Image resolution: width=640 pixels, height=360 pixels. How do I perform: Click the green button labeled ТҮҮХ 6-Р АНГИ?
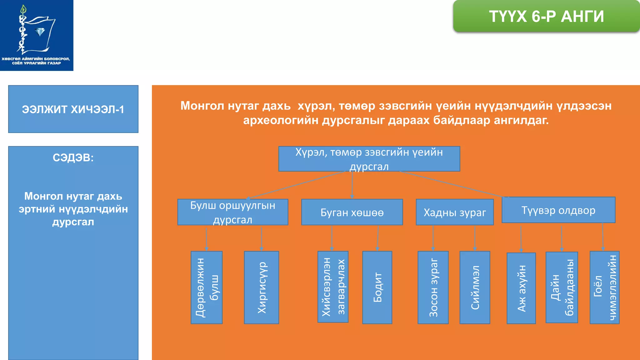click(546, 16)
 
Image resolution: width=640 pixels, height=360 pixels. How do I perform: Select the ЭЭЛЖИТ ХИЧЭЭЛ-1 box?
click(73, 109)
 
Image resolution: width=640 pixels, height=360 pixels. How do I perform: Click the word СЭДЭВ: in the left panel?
click(73, 157)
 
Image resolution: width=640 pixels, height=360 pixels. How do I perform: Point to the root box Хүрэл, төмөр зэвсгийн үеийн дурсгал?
click(369, 159)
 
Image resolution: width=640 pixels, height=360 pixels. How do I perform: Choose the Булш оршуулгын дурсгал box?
click(232, 212)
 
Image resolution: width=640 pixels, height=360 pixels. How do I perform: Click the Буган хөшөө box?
click(352, 212)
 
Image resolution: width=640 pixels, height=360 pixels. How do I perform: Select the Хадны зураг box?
click(455, 212)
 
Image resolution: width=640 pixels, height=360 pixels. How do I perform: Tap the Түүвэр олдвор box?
click(558, 210)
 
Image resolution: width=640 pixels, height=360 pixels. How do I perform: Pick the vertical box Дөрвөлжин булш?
click(207, 287)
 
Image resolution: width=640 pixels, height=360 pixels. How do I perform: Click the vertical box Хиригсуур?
click(262, 287)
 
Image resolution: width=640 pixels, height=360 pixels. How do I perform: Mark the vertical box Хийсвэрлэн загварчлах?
click(333, 287)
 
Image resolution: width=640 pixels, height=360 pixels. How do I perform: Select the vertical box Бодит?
click(377, 287)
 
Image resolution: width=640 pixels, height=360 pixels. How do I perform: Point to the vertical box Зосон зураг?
click(433, 287)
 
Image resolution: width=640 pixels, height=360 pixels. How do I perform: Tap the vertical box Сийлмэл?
click(475, 287)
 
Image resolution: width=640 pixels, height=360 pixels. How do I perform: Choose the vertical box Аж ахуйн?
click(521, 288)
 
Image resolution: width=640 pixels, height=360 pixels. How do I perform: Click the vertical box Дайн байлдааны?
click(562, 287)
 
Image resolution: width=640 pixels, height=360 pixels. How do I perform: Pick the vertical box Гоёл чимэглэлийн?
click(605, 287)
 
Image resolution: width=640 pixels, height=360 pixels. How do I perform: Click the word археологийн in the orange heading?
click(281, 120)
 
